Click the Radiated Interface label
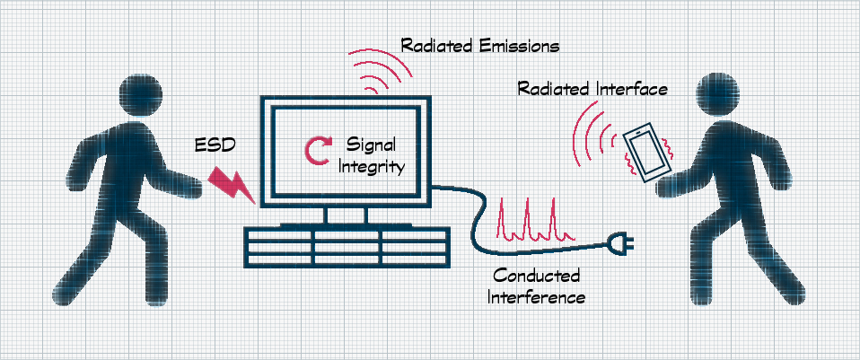click(x=593, y=90)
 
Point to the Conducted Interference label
click(x=536, y=285)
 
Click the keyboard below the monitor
click(x=346, y=245)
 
